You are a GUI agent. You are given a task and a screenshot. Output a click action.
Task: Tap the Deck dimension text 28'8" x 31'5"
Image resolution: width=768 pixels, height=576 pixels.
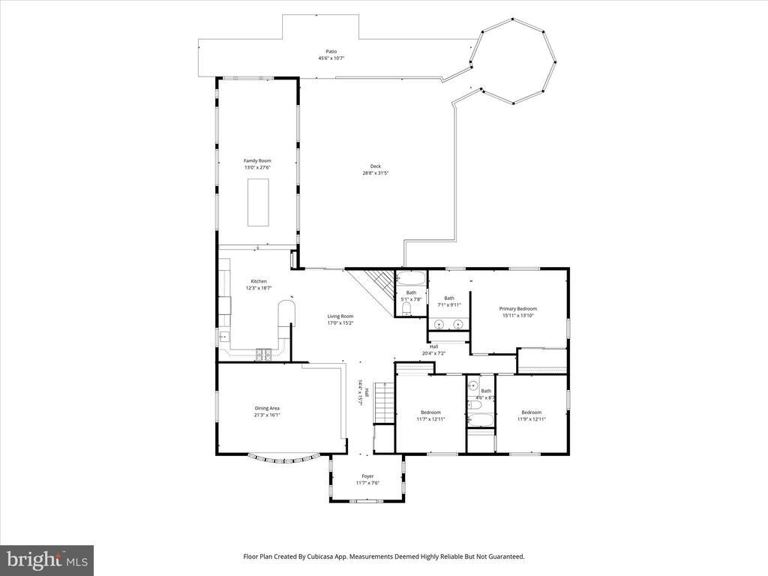pyautogui.click(x=375, y=173)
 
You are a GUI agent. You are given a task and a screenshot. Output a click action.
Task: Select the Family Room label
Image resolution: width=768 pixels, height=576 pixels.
pyautogui.click(x=257, y=160)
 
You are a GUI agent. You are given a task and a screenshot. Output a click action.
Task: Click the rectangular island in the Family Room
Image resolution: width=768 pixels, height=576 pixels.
pyautogui.click(x=259, y=202)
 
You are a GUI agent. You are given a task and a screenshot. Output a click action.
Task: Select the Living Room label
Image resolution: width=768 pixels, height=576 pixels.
pyautogui.click(x=340, y=316)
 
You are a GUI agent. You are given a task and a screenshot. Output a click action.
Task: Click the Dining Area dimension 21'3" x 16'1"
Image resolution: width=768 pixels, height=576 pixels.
pyautogui.click(x=267, y=414)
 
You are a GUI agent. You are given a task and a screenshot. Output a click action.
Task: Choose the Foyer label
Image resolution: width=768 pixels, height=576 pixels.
pyautogui.click(x=367, y=476)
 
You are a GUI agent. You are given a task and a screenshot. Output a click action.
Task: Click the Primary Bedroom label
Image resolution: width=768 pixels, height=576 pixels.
pyautogui.click(x=518, y=308)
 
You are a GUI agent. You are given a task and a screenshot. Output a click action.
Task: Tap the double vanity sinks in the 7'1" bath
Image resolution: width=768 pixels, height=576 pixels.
pyautogui.click(x=448, y=325)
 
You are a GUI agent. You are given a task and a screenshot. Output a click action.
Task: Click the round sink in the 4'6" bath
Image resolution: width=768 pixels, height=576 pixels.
pyautogui.click(x=474, y=386)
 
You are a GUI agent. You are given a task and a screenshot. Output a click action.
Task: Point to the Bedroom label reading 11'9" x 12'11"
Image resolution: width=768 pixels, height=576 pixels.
pyautogui.click(x=531, y=412)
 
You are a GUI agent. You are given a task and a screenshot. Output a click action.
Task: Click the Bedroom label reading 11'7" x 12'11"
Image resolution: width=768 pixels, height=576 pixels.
pyautogui.click(x=430, y=412)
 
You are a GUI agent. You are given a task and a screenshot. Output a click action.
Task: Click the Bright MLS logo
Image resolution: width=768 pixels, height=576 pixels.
pyautogui.click(x=46, y=559)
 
